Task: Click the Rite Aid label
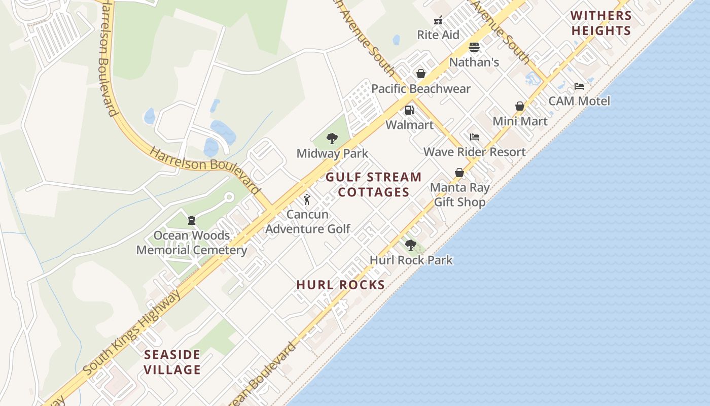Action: click(438, 35)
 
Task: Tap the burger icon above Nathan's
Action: click(474, 47)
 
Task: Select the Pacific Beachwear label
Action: click(421, 89)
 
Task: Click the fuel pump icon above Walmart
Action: click(409, 110)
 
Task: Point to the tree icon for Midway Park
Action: click(332, 138)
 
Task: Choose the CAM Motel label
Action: click(579, 101)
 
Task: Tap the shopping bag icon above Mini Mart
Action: click(520, 106)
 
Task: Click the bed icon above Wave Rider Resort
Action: click(475, 137)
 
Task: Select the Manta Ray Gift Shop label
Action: click(460, 195)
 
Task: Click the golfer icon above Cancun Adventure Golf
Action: click(307, 199)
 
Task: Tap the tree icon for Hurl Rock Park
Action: click(411, 245)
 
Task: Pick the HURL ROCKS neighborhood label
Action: click(341, 285)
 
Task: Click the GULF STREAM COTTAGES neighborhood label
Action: click(374, 185)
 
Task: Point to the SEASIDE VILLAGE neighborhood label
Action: click(172, 362)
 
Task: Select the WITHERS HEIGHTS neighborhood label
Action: click(601, 23)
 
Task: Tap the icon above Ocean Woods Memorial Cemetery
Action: click(192, 220)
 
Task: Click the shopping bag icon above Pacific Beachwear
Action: click(420, 74)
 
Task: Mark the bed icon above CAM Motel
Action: click(579, 86)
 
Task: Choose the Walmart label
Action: click(410, 125)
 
